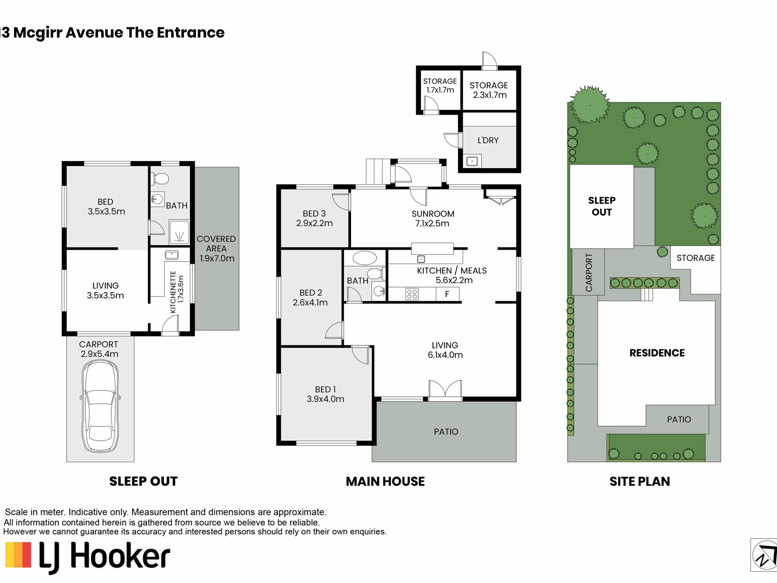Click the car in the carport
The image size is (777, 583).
[x=100, y=406]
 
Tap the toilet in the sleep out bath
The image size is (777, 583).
[x=160, y=179]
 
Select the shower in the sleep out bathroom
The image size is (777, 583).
[x=179, y=232]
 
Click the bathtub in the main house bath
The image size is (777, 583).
[x=365, y=258]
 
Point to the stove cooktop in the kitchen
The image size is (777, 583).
[x=412, y=294]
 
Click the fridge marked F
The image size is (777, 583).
[x=447, y=294]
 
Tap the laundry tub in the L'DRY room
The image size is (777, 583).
[x=472, y=161]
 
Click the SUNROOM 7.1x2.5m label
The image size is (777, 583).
[x=433, y=219]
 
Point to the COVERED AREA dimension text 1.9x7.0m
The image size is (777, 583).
[x=217, y=258]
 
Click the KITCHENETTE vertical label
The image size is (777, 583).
[x=173, y=292]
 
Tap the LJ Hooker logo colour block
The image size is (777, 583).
[x=18, y=555]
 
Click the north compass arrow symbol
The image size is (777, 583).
[x=764, y=555]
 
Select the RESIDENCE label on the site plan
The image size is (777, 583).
[x=657, y=353]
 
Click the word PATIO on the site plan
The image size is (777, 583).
[x=679, y=419]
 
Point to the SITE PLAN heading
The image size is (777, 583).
[x=639, y=481]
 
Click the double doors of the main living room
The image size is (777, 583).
[x=445, y=389]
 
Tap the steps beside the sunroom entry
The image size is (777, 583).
[x=378, y=172]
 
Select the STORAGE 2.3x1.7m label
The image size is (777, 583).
[x=489, y=90]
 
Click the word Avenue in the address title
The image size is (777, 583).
[x=94, y=32]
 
